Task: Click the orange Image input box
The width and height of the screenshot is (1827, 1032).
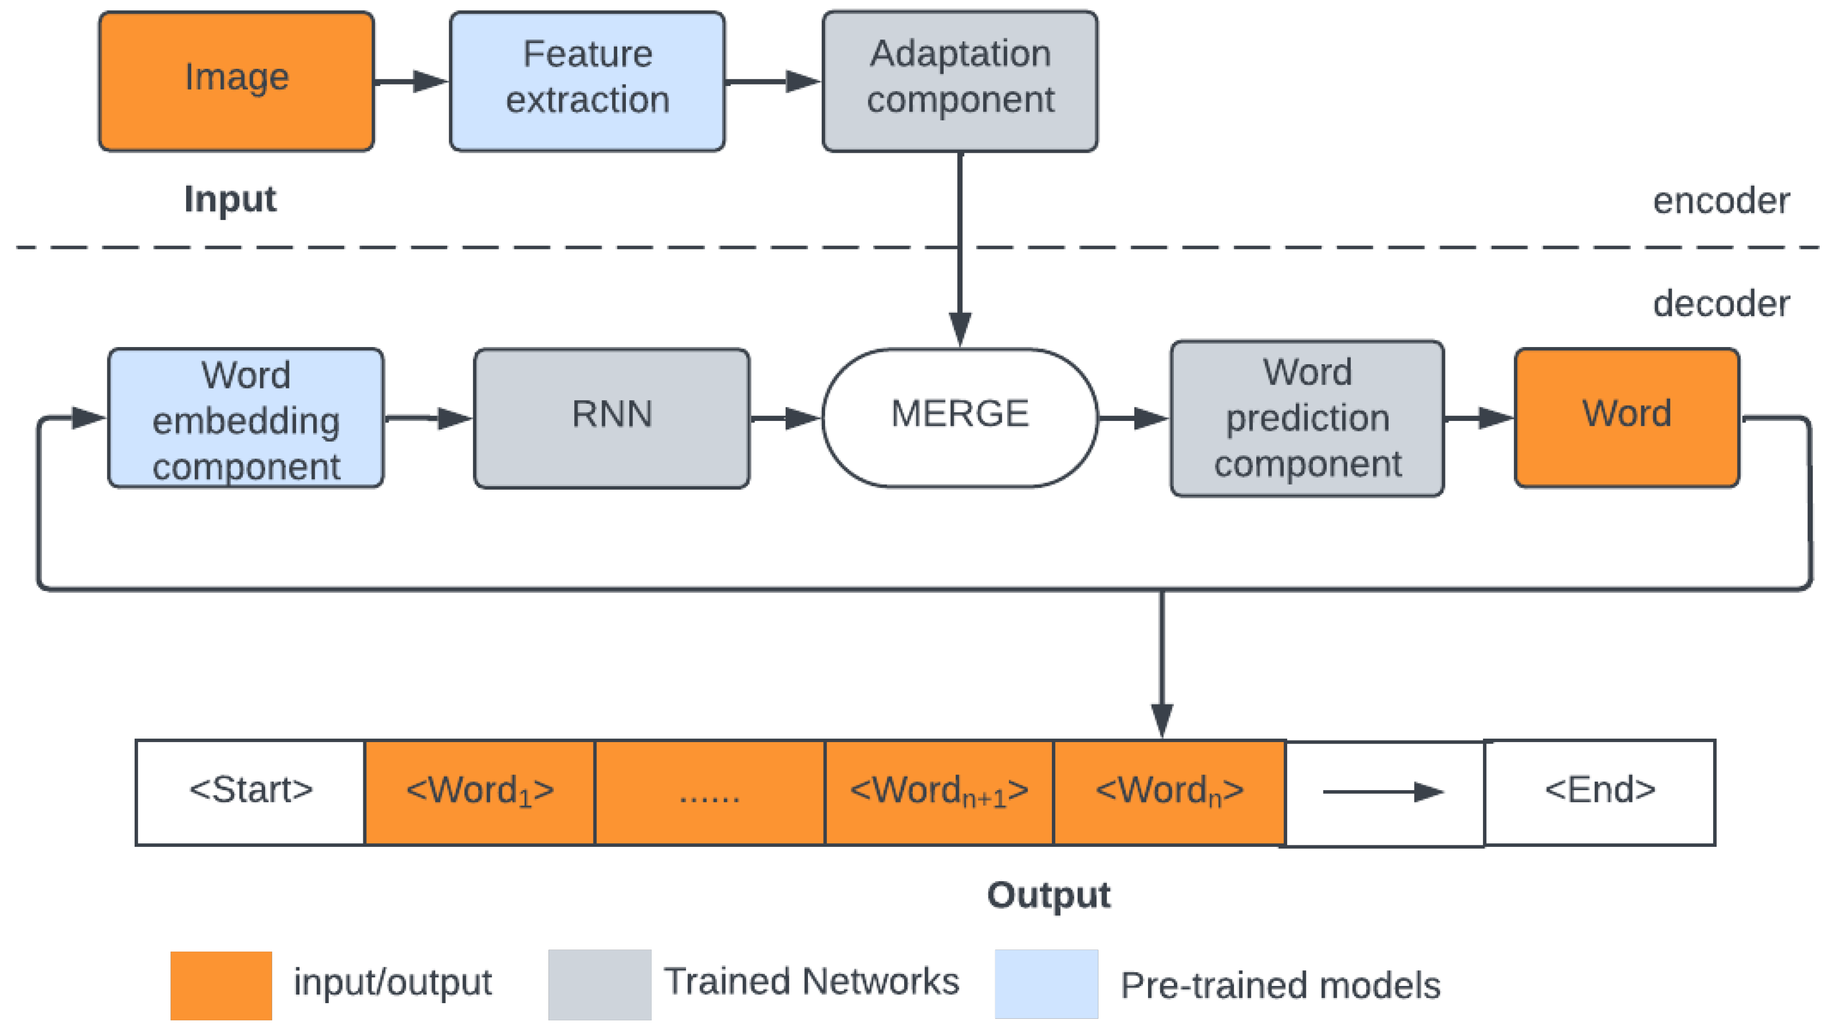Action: point(236,81)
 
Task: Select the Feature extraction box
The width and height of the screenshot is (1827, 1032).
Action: point(587,81)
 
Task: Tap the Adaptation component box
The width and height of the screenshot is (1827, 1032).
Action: point(960,81)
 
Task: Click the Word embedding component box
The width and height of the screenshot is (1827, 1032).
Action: point(245,418)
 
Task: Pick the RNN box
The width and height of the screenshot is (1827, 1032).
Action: point(611,418)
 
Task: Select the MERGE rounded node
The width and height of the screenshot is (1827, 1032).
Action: point(960,418)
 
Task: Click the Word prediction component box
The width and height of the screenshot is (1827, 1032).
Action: point(1306,418)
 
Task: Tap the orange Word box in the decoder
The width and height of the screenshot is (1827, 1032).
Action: point(1626,418)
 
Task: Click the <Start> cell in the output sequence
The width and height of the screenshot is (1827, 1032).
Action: point(250,792)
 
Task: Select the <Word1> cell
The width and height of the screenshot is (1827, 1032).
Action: point(480,792)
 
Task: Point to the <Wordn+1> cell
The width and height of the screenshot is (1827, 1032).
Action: point(939,792)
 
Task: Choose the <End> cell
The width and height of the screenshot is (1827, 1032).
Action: point(1599,792)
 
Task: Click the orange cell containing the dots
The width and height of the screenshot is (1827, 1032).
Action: point(709,792)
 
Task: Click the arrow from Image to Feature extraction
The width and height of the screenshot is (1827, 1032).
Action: point(411,81)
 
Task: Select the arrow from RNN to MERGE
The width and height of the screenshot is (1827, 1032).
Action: point(786,418)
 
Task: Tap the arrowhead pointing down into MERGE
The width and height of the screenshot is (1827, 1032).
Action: point(960,329)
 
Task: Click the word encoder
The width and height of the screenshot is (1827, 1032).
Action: point(1721,201)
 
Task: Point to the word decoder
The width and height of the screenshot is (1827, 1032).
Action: point(1721,304)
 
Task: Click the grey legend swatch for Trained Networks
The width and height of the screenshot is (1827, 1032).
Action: point(600,984)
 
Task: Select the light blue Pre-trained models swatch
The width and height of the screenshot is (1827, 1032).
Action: point(1046,984)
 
